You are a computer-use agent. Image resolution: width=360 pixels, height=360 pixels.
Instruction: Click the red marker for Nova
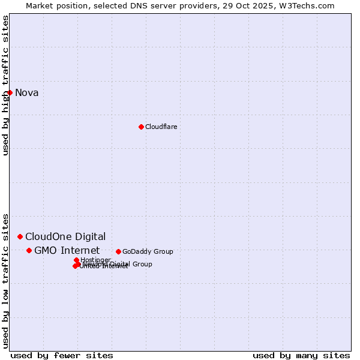(x=10, y=92)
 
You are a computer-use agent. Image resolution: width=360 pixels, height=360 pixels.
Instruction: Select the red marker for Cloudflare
(x=141, y=127)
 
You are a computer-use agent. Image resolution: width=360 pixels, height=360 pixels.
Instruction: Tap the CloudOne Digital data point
(x=20, y=236)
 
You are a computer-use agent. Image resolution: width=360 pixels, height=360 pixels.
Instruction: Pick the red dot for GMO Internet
(x=29, y=250)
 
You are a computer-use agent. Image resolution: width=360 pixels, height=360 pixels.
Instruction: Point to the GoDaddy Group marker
(x=118, y=251)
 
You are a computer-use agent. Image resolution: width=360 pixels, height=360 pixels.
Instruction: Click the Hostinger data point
(x=76, y=260)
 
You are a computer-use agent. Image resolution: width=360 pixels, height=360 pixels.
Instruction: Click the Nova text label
(x=26, y=92)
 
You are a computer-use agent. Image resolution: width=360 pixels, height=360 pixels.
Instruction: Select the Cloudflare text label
(x=161, y=127)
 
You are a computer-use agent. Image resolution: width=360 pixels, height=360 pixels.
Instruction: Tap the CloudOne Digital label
(x=65, y=236)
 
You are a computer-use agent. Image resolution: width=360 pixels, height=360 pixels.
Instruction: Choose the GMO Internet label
(x=67, y=250)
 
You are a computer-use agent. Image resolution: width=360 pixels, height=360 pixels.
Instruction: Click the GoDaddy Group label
(x=147, y=251)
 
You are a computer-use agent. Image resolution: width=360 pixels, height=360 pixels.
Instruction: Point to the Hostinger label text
(x=95, y=260)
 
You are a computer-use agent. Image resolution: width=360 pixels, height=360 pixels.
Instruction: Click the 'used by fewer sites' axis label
(x=62, y=355)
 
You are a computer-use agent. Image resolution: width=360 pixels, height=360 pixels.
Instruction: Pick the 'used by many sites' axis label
(x=301, y=355)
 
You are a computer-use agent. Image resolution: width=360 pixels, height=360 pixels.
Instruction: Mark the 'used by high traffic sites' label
(x=5, y=85)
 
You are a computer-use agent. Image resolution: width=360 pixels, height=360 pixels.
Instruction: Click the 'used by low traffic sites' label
(x=5, y=280)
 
